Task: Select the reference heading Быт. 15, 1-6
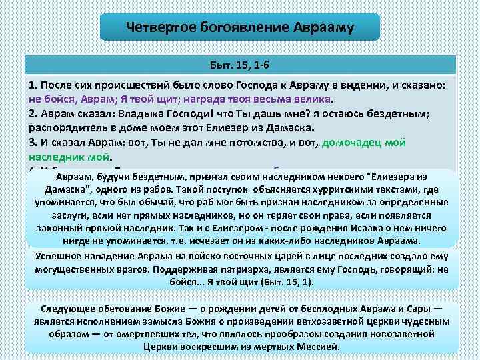pyautogui.click(x=239, y=66)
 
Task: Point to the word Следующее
pyautogui.click(x=70, y=309)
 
